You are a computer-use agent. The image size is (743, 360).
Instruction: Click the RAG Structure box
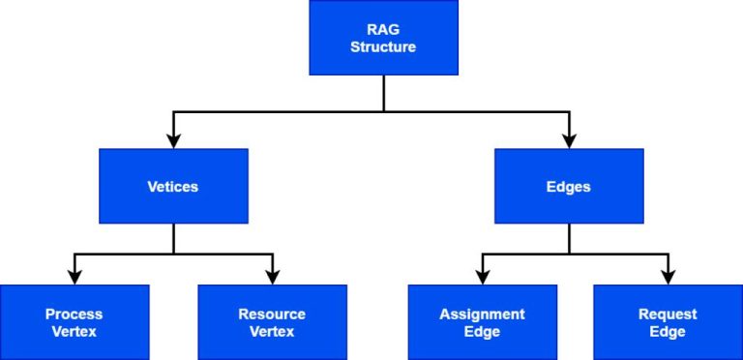point(383,38)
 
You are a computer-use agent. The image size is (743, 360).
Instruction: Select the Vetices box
point(173,186)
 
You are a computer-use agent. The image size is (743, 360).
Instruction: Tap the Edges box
point(569,186)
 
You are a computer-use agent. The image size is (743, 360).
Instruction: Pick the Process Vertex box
point(74,322)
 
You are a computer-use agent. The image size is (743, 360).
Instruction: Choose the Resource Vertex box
point(272,322)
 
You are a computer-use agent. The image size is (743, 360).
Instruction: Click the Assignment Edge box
point(482,322)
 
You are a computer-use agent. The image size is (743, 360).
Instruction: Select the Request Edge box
point(668,322)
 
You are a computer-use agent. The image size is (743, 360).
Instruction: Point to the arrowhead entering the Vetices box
point(173,139)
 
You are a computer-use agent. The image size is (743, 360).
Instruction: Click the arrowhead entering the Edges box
point(569,139)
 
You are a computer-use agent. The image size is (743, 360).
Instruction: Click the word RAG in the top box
point(383,29)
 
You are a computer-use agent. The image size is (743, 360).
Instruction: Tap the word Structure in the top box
point(383,46)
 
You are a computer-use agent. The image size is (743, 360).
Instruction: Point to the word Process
point(74,315)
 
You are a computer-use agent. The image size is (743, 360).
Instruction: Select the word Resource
point(272,315)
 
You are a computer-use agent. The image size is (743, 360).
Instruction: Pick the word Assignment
point(482,315)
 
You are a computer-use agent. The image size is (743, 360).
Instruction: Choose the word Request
point(668,315)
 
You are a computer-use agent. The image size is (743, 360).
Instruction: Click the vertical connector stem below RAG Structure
point(384,93)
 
